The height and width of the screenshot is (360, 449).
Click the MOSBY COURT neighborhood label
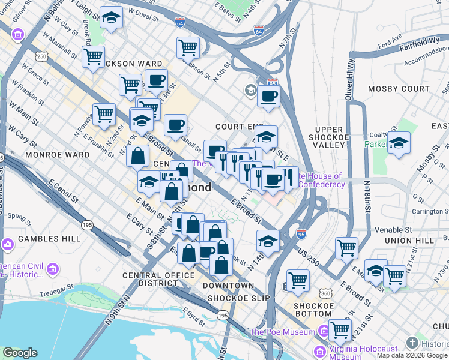pos(391,89)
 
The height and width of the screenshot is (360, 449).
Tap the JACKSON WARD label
pos(134,64)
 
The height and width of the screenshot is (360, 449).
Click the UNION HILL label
pos(410,241)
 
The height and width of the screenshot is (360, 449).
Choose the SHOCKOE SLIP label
pos(236,298)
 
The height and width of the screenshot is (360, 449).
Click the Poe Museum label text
pos(282,332)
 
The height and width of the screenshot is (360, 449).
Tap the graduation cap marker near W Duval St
pos(111,18)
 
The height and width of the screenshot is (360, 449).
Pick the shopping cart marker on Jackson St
pos(188,47)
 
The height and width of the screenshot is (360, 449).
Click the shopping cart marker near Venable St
pos(346,246)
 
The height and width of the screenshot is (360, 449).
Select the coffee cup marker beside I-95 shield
pos(268,95)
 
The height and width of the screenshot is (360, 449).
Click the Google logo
pos(20,353)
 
